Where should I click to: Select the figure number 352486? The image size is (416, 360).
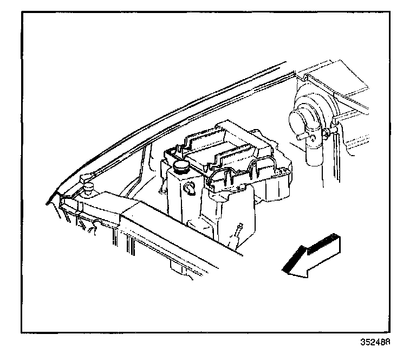(376, 343)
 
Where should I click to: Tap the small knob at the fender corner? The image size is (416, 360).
(86, 179)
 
